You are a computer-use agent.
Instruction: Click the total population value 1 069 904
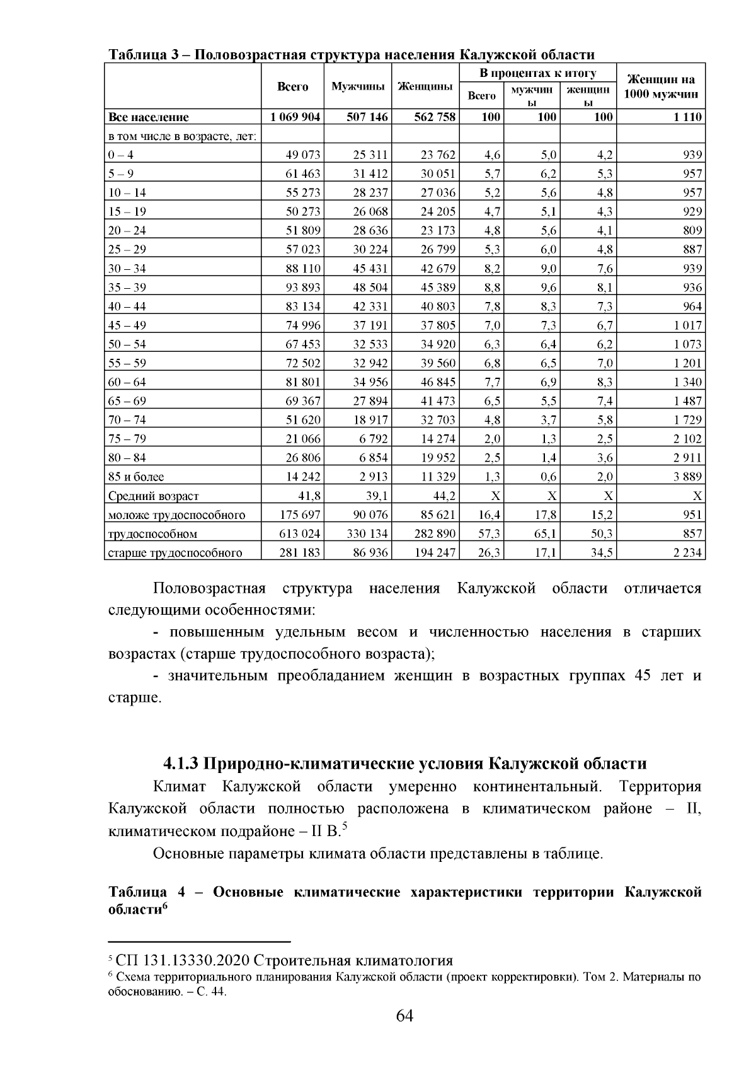click(295, 117)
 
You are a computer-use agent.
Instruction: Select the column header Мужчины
click(358, 86)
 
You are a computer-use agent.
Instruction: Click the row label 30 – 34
click(127, 269)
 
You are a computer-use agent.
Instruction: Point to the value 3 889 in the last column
click(688, 477)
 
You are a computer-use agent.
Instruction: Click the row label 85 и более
click(136, 477)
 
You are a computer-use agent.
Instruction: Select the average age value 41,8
click(309, 496)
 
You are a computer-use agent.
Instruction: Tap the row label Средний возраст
click(154, 496)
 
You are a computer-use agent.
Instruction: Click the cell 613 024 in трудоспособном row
click(300, 533)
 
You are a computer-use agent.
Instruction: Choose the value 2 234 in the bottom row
click(688, 553)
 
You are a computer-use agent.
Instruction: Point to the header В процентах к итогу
click(538, 73)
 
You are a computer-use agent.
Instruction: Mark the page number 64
click(404, 1016)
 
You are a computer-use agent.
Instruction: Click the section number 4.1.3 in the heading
click(181, 764)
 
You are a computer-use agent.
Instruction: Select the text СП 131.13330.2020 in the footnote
click(183, 960)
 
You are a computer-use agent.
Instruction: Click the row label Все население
click(149, 117)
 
